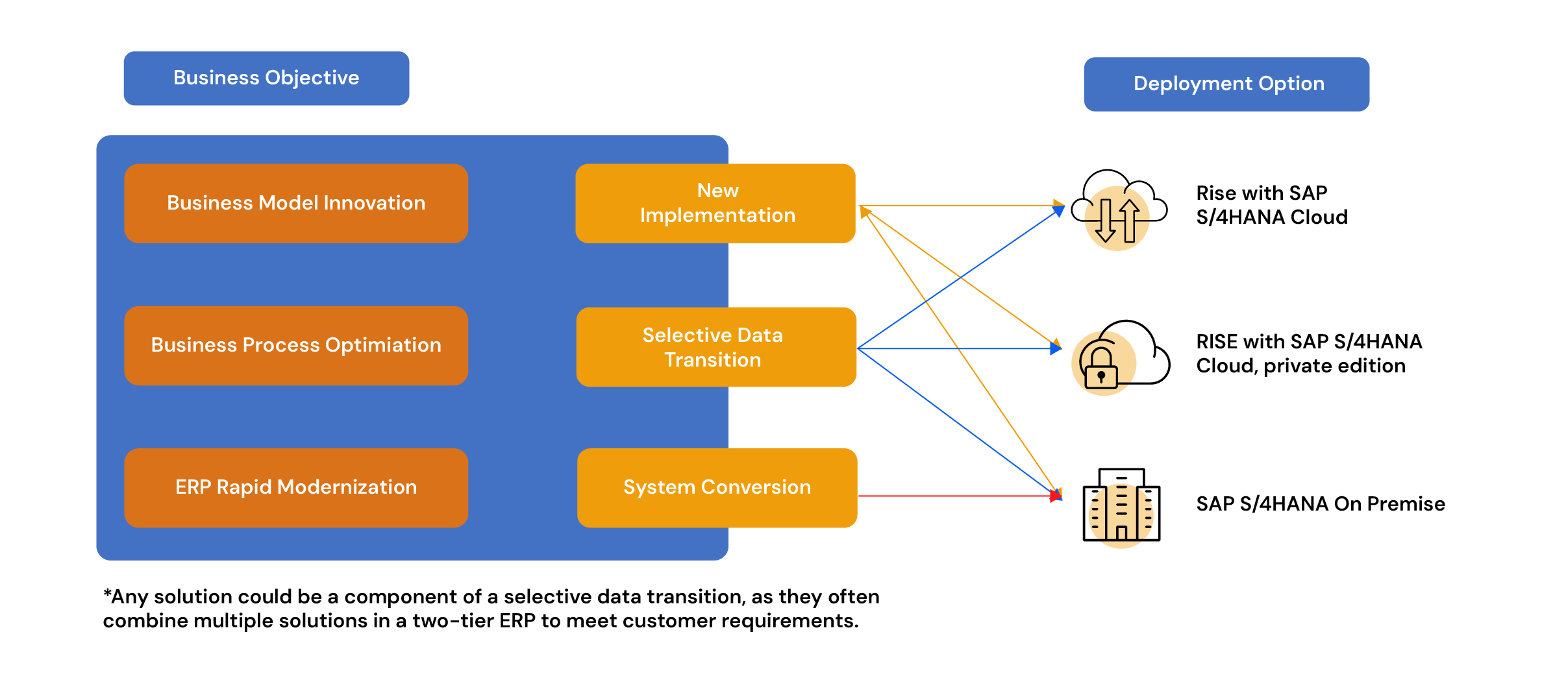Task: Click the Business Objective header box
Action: tap(266, 78)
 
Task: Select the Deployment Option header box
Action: tap(1226, 84)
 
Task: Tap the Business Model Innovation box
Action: tap(296, 203)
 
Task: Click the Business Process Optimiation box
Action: tap(296, 345)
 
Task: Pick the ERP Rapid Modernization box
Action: tap(296, 487)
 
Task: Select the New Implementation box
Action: tap(715, 203)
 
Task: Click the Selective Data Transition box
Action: tap(715, 347)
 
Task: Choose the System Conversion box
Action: tap(717, 487)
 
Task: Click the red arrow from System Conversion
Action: tap(954, 496)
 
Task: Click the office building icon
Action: tap(1121, 505)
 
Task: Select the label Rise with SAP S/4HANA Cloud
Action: tap(1271, 205)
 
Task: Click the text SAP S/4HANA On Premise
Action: tap(1320, 504)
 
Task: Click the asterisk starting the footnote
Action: tap(107, 594)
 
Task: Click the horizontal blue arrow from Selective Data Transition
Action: tap(954, 348)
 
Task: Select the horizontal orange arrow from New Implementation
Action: tap(954, 206)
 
